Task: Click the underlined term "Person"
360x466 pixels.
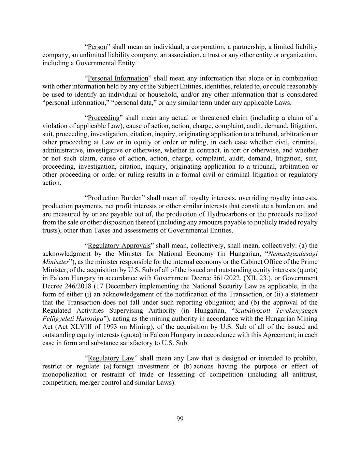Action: pos(97,47)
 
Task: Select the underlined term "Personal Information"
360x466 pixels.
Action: pos(118,79)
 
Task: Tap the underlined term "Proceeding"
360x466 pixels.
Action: pos(104,118)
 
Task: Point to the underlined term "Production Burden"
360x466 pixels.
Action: pos(115,198)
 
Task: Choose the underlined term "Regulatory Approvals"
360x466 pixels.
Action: pos(119,246)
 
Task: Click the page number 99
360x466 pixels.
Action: pos(180,419)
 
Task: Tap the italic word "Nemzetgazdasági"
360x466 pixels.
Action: pos(293,254)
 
